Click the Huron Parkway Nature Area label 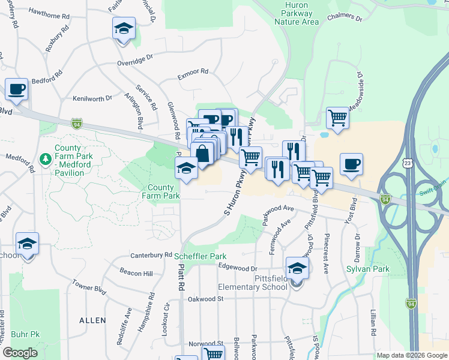coord(296,14)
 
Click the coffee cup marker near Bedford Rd coord(17,90)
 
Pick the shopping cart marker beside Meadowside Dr coord(338,118)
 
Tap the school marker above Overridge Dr coord(124,29)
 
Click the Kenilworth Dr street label coord(92,98)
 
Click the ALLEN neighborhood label coord(92,321)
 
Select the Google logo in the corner coord(20,353)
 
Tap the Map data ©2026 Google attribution coord(411,355)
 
